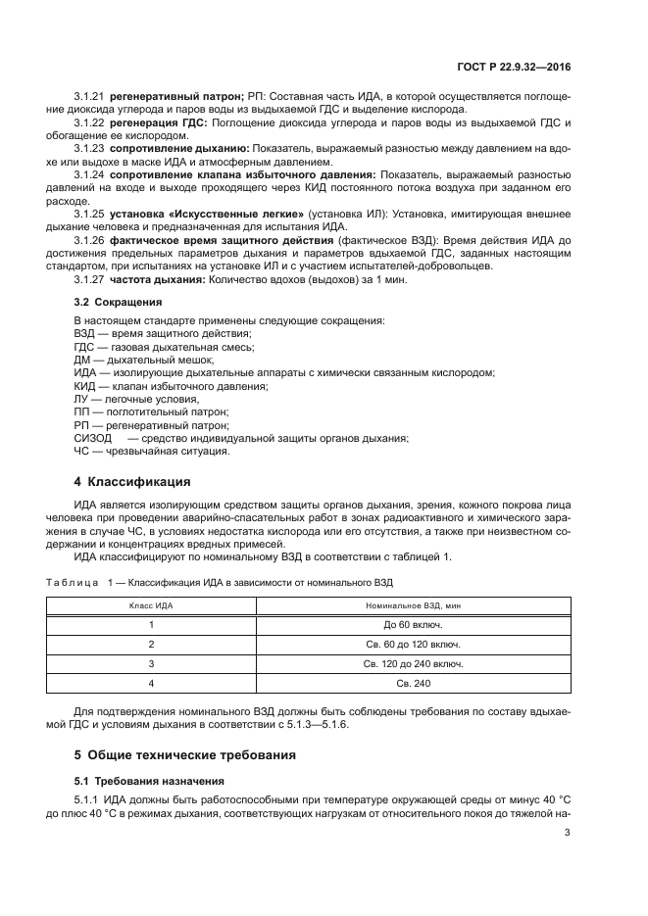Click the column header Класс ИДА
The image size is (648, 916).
click(x=151, y=606)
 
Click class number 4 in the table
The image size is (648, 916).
click(x=151, y=684)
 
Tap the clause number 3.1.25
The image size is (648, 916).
click(x=90, y=212)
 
